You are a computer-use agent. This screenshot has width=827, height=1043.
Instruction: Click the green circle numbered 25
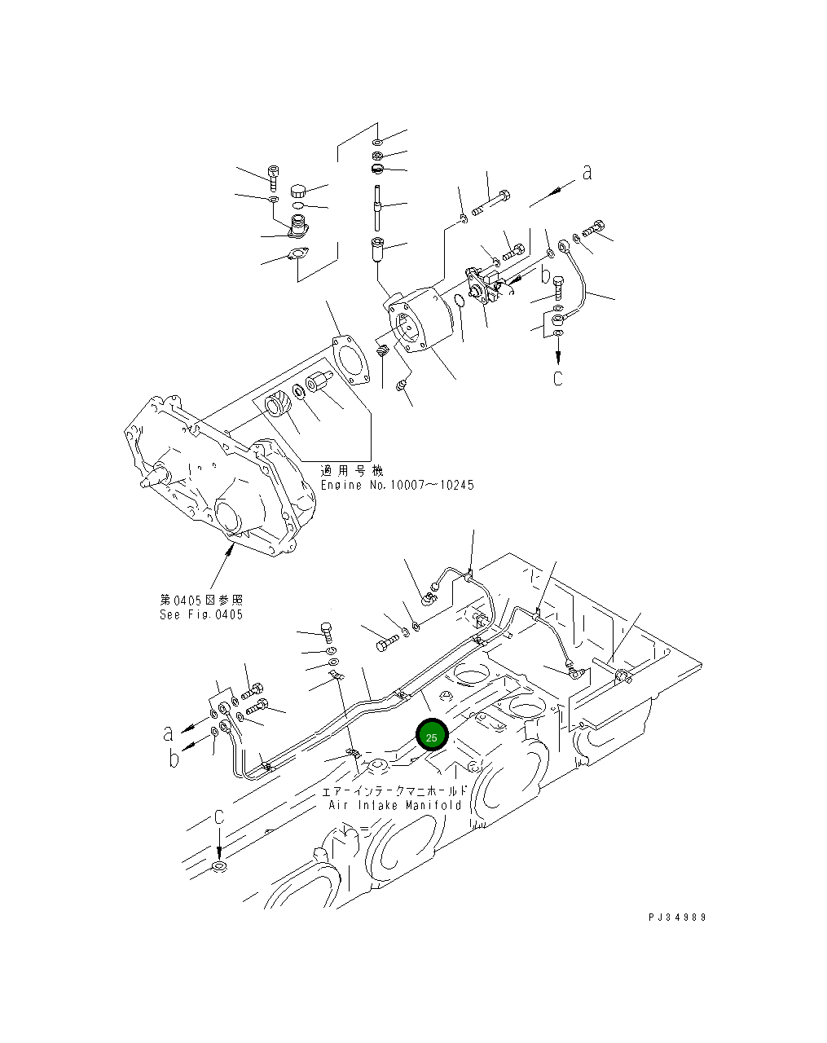click(431, 736)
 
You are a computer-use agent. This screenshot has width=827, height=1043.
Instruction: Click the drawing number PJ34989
click(676, 917)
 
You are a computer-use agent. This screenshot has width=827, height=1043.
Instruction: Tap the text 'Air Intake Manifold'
click(395, 805)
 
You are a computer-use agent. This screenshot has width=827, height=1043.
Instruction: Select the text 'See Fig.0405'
click(200, 614)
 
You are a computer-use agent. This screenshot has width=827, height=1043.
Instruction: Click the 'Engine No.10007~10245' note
click(396, 485)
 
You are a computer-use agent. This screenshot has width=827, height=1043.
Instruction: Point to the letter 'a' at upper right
click(586, 172)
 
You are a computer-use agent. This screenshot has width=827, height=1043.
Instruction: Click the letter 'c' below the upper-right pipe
click(558, 378)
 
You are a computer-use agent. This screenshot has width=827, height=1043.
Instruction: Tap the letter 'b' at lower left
click(174, 760)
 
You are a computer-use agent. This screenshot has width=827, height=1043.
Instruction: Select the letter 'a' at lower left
click(168, 733)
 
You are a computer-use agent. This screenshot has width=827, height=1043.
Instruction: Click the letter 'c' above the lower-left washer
click(218, 817)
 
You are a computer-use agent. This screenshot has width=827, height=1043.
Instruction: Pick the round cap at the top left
click(298, 191)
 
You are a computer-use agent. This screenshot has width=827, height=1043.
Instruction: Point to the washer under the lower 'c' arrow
click(218, 866)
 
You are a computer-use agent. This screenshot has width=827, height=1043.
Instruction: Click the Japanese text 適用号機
click(351, 471)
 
